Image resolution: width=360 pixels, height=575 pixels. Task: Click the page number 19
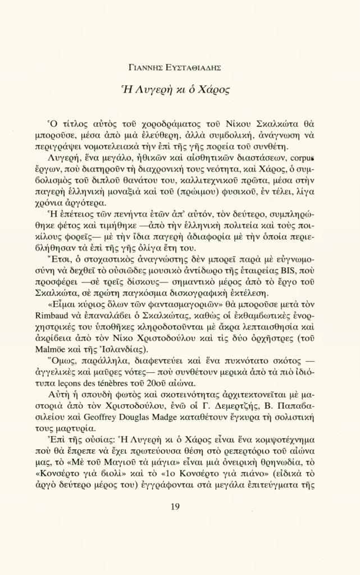click(174, 508)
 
